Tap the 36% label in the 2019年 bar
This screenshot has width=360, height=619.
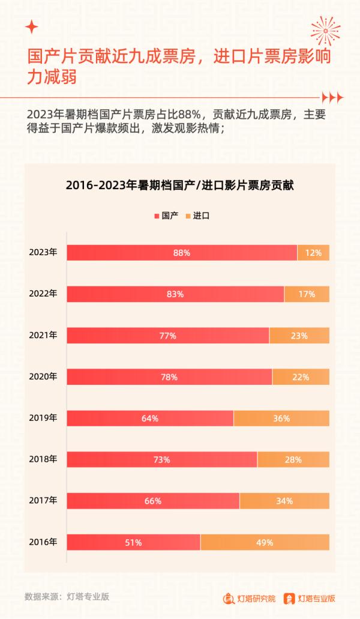point(281,418)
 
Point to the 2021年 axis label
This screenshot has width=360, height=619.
point(43,335)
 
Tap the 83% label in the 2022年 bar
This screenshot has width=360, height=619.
point(175,294)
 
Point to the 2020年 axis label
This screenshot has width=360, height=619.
point(43,376)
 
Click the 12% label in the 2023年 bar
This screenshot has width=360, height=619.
point(313,253)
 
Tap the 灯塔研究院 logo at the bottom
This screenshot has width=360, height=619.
point(250,599)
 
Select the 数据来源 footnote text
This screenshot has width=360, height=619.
point(67,597)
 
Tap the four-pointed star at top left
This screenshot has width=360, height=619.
point(32,27)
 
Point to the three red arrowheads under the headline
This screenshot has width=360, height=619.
point(332,97)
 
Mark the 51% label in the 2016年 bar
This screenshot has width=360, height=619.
point(133,542)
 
